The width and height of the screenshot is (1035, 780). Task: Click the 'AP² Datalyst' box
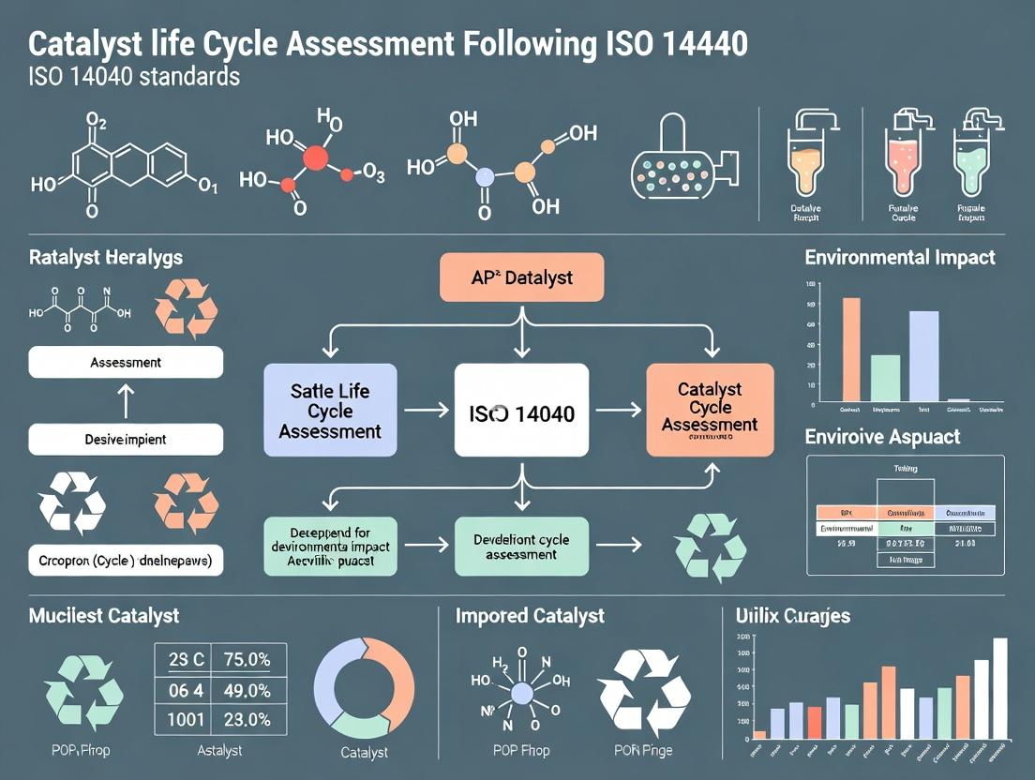pyautogui.click(x=521, y=277)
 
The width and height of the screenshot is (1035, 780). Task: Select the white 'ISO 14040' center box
pyautogui.click(x=521, y=412)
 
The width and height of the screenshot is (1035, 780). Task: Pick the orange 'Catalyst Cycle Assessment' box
pyautogui.click(x=710, y=411)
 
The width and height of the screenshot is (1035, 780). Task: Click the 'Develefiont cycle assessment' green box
pyautogui.click(x=521, y=546)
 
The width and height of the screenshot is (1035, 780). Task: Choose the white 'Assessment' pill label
pyautogui.click(x=126, y=362)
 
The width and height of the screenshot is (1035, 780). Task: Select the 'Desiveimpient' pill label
pyautogui.click(x=126, y=439)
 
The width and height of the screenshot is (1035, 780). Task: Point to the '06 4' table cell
pyautogui.click(x=185, y=690)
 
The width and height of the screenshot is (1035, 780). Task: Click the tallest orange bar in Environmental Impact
pyautogui.click(x=851, y=349)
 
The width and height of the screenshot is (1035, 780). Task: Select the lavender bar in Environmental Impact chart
pyautogui.click(x=923, y=356)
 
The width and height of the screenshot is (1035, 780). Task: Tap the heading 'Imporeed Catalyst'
pyautogui.click(x=530, y=616)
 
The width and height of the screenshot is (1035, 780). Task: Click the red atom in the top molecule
pyautogui.click(x=316, y=158)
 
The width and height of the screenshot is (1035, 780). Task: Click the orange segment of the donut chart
pyautogui.click(x=396, y=673)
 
